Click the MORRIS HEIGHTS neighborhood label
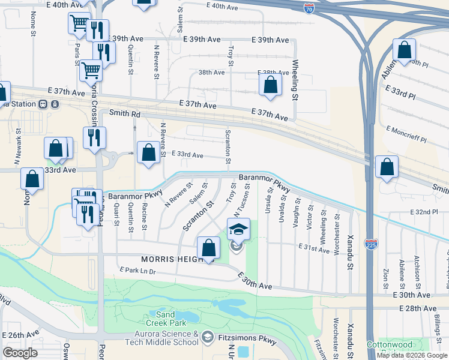coord(173,259)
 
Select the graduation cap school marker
coord(238,229)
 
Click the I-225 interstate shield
coord(371,244)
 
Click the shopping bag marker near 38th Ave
coord(271,85)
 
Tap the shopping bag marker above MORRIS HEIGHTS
coord(208,248)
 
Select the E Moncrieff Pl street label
coord(406,134)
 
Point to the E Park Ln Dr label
coord(139,272)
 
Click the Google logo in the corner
coord(20,353)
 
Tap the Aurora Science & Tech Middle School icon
coord(207,337)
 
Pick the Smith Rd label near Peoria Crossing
coord(124,113)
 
